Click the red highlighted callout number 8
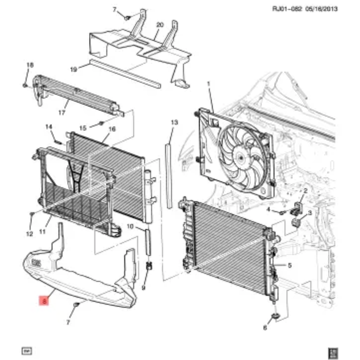tap(44, 301)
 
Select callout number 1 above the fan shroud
tap(208, 84)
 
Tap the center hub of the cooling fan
tap(241, 157)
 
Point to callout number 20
tap(160, 25)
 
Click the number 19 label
tap(73, 70)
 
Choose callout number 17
tap(62, 113)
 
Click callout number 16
tap(112, 129)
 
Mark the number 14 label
tap(49, 127)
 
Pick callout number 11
tap(43, 232)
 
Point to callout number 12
tap(29, 233)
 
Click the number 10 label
tap(130, 227)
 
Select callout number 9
tap(143, 288)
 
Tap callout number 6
tap(265, 328)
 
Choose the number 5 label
tap(289, 266)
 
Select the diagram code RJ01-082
tap(287, 9)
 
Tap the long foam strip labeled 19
tap(125, 74)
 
